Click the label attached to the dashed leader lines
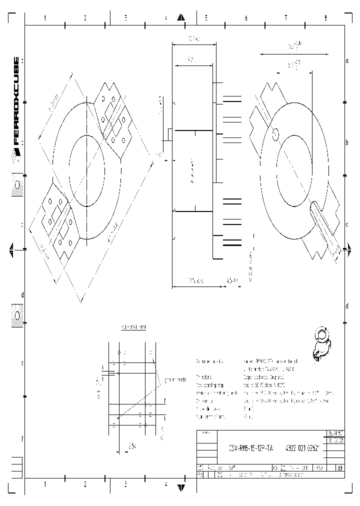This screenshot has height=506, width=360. pos(174,380)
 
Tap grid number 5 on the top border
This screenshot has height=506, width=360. pos(205,18)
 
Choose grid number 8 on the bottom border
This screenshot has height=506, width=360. pos(325,484)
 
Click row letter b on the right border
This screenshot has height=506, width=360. pos(347,142)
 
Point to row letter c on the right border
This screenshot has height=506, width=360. pos(347,224)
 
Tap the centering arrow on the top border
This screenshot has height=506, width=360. pos(180,18)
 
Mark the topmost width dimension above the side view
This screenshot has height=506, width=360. pos(193,38)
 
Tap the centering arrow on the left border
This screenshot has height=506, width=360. pos(11,248)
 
